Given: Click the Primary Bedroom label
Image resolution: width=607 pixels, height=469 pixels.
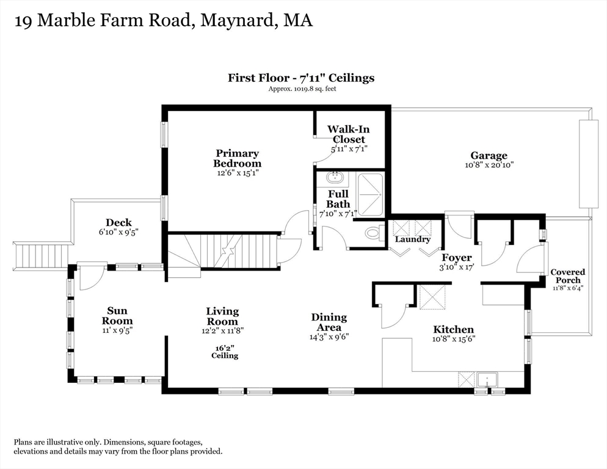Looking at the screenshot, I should click(236, 158).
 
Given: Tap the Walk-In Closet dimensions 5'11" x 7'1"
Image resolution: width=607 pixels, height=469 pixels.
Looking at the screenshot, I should click(349, 148).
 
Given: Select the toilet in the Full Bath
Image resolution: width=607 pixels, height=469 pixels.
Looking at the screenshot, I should click(373, 233).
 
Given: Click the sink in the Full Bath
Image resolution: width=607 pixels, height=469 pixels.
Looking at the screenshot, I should click(333, 179).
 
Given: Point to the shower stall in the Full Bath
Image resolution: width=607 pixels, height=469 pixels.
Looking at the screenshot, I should click(370, 194).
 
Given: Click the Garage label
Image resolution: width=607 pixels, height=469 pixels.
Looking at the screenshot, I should click(488, 156).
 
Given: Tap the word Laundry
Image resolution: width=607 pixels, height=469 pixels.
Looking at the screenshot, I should click(412, 239).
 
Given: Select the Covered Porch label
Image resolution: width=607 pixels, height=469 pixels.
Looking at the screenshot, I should click(567, 276).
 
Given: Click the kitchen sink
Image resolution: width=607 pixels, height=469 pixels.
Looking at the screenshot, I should click(489, 380).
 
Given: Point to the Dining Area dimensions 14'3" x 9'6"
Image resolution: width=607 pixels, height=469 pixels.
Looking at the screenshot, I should click(329, 336).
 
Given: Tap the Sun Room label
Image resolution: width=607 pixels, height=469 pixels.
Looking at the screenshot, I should click(117, 316).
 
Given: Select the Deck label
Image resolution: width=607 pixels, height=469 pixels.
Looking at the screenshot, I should click(118, 223).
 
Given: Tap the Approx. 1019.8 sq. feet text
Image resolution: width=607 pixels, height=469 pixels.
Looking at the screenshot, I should click(302, 89).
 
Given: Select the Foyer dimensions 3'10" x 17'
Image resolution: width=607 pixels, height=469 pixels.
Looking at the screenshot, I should click(457, 267).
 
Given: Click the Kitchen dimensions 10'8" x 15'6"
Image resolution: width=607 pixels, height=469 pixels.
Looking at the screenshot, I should click(453, 339).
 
